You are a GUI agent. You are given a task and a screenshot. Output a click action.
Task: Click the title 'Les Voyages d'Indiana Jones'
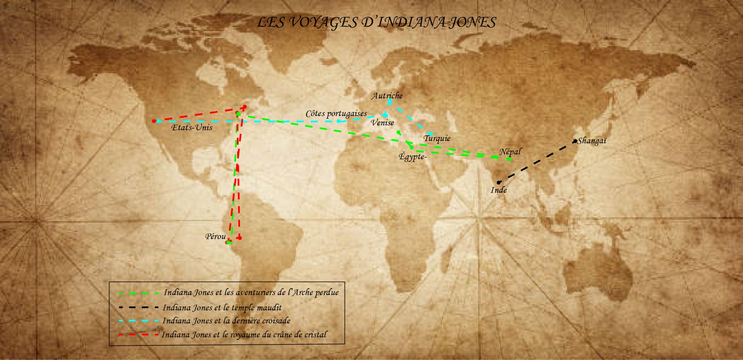coord(376,22)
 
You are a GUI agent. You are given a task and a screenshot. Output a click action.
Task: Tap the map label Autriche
coord(387,96)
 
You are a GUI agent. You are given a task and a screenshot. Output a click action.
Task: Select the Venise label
coord(382,123)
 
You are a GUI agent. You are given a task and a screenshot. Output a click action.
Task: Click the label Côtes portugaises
coord(336,114)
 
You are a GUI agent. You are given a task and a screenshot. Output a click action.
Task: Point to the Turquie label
coord(437,139)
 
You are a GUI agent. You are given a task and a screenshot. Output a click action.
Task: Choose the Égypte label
coord(412,157)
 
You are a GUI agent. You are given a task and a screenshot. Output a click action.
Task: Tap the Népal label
coord(510,152)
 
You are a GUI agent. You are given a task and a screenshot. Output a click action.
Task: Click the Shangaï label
coord(592,141)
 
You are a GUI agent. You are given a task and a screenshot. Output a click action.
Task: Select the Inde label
coord(499,190)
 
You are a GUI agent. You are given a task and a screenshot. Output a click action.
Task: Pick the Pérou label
coord(215,237)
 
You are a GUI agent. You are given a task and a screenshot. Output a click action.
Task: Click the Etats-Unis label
coord(192,128)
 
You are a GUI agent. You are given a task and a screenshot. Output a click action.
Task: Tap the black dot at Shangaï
coord(575,141)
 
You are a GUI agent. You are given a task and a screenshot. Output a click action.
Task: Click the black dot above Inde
coord(499,182)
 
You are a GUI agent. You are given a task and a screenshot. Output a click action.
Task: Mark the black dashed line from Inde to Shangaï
coord(537,162)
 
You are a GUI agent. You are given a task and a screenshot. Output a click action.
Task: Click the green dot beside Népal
coord(509,159)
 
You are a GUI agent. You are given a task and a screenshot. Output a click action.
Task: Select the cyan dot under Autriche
coord(390,101)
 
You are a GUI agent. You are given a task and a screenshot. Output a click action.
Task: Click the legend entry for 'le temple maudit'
coord(222,308)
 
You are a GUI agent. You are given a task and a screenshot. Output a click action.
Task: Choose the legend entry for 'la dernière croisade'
coord(226,321)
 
